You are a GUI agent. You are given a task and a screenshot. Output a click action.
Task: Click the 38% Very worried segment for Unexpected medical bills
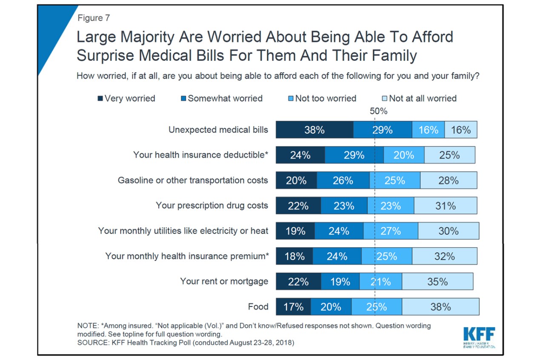pos(314,130)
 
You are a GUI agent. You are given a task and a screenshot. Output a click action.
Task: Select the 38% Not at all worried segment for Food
pos(440,307)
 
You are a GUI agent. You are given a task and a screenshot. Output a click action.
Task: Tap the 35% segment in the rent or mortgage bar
pos(437,282)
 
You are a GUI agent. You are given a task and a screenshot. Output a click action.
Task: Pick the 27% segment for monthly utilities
pos(391,231)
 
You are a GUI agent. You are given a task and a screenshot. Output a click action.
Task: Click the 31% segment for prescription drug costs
pos(445,206)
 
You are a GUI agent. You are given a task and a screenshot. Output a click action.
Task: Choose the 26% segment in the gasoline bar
pos(343,180)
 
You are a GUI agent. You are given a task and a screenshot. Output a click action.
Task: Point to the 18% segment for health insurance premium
pos(294,256)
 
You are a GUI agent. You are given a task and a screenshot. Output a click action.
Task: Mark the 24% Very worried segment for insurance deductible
pos(300,155)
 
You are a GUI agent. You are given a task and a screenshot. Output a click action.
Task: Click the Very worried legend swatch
pos(100,99)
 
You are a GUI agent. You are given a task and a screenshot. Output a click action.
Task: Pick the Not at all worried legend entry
pos(419,98)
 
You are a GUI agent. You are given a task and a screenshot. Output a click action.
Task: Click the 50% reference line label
pos(378,111)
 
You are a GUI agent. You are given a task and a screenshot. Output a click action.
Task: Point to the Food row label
pos(258,307)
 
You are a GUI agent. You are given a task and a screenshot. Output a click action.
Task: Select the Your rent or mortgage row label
pos(224,281)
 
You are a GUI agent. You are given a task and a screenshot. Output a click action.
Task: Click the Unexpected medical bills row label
pos(218,130)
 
